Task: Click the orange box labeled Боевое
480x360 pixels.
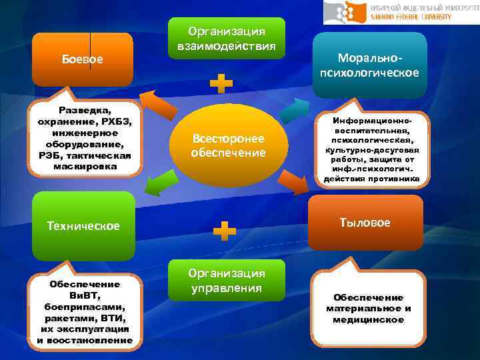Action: coord(83,59)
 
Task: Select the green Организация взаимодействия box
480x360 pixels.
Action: coord(227,39)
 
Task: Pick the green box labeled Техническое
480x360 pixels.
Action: coord(83,225)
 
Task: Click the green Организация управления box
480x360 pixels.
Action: coord(227,281)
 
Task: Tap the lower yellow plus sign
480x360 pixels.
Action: coord(224,231)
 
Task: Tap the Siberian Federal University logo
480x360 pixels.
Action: coord(400,12)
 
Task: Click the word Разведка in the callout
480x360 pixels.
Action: coord(85,109)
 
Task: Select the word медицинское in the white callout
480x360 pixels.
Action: coord(369,320)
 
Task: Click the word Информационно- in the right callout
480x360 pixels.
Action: coord(371,123)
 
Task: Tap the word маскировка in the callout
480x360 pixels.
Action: coord(85,167)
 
